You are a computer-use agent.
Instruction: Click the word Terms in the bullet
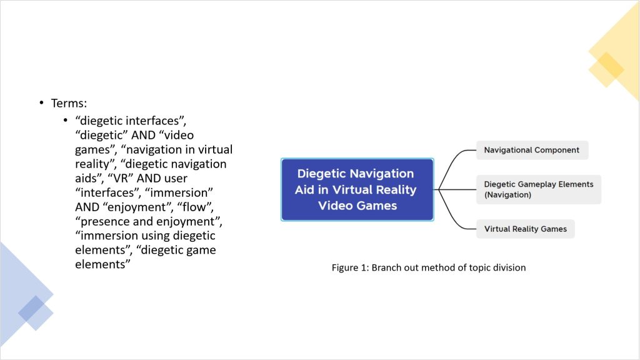pyautogui.click(x=68, y=103)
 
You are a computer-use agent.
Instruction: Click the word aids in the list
pyautogui.click(x=85, y=178)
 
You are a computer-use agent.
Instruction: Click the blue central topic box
pyautogui.click(x=357, y=189)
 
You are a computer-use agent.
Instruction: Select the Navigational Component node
pyautogui.click(x=532, y=150)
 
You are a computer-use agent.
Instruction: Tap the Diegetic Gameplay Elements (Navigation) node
pyautogui.click(x=538, y=189)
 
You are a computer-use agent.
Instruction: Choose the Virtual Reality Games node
pyautogui.click(x=525, y=229)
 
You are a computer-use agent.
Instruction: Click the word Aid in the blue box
pyautogui.click(x=306, y=189)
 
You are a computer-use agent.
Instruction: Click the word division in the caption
pyautogui.click(x=508, y=267)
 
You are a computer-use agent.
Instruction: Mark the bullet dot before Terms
pyautogui.click(x=41, y=103)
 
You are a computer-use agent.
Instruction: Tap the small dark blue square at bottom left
pyautogui.click(x=31, y=309)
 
